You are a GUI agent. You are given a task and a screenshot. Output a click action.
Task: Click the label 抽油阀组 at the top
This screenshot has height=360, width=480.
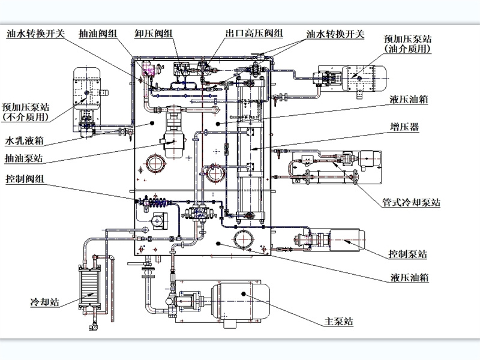coord(98,33)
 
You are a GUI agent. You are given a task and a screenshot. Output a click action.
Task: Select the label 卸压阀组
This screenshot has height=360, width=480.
coord(154,33)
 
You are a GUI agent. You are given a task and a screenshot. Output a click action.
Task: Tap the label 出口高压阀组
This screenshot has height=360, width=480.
coord(254,33)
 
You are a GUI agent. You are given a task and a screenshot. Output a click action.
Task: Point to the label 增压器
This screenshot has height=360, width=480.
coord(404,127)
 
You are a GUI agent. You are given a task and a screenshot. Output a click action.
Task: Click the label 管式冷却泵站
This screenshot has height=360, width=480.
coord(411,202)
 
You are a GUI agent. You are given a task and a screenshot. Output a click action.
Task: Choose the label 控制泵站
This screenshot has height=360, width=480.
coord(407,253)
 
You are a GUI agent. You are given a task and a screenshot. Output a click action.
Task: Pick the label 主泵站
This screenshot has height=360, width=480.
coord(338,321)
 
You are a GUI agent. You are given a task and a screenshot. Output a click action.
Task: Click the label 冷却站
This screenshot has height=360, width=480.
coord(44,302)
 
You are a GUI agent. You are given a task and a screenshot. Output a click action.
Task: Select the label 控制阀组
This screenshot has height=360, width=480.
coord(25,178)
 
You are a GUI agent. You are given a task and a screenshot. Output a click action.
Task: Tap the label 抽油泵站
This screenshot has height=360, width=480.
coord(24,158)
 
